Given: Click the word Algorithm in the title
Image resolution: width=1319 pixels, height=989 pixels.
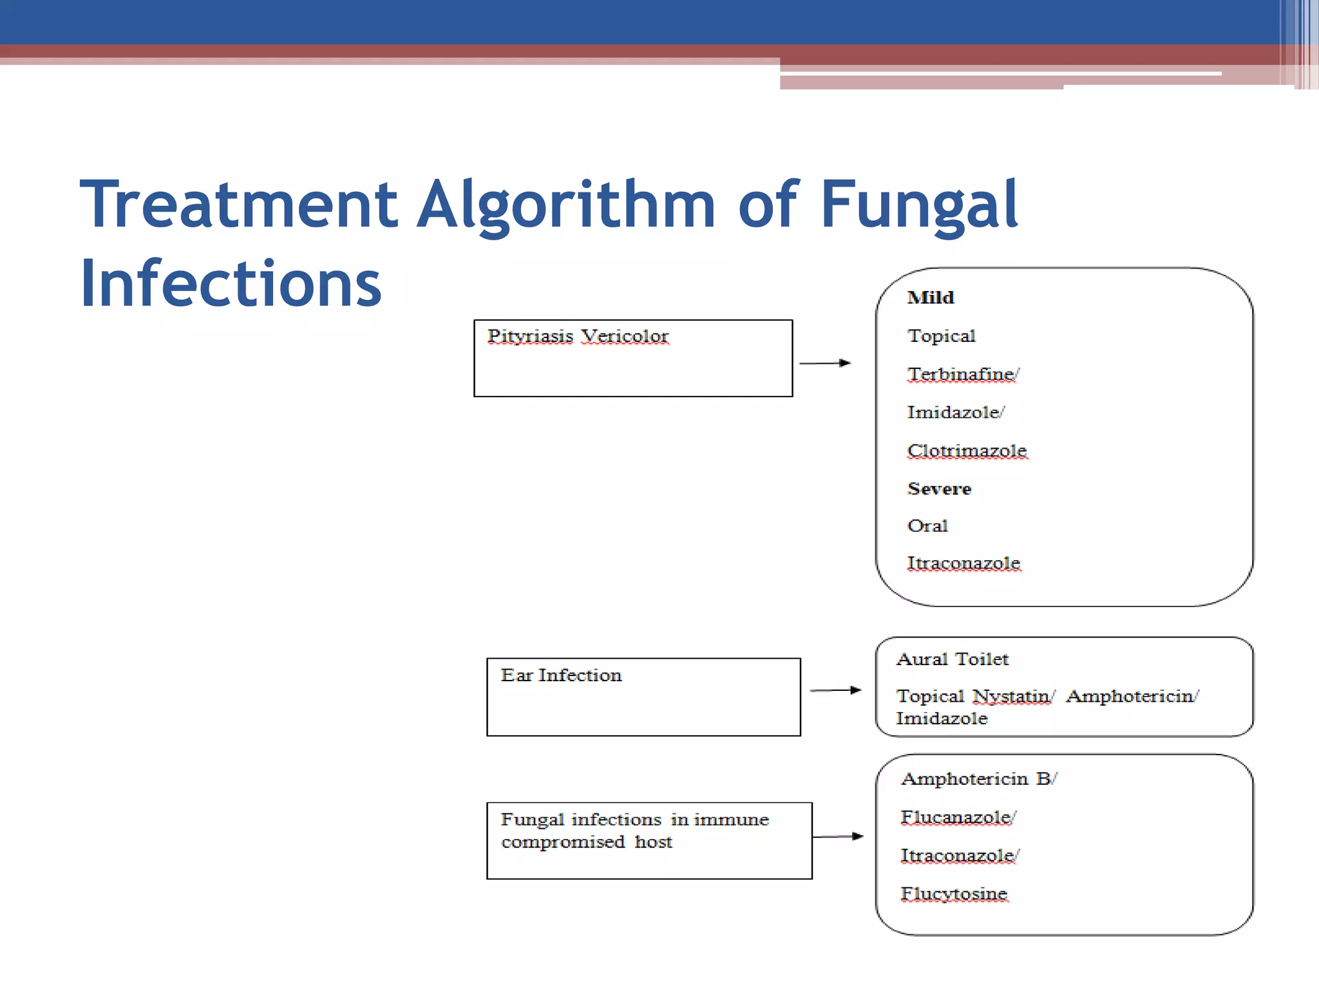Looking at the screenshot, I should click(x=565, y=205).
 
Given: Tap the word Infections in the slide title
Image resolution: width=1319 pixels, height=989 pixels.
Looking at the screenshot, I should click(x=231, y=283).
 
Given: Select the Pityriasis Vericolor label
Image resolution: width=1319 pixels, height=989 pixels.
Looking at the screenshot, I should click(x=578, y=336).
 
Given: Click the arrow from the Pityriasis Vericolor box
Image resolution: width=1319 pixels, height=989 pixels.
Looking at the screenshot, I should click(x=825, y=363).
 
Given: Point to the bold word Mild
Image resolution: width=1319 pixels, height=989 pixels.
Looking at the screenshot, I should click(x=930, y=297).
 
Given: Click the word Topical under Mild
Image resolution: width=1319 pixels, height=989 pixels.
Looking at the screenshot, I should click(x=941, y=336).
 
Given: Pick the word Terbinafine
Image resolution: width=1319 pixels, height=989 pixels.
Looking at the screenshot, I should click(x=961, y=374).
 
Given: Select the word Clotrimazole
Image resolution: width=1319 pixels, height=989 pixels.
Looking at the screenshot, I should click(x=967, y=451).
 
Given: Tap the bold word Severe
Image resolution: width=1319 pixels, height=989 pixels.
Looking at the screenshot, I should click(x=939, y=489).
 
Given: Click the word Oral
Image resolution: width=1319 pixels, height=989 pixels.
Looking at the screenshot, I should click(x=927, y=526).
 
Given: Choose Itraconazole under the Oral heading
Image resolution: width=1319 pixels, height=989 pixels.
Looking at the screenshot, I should click(x=963, y=563).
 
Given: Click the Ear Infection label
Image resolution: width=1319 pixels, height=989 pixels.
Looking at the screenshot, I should click(x=561, y=675).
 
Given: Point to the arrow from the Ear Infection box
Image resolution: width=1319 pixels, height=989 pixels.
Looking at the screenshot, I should click(x=835, y=690).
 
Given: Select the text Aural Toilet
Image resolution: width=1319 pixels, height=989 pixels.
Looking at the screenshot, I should click(x=952, y=659).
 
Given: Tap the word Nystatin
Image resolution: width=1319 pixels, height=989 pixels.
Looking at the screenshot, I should click(x=1011, y=697).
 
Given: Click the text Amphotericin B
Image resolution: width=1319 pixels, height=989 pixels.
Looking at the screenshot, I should click(x=976, y=779).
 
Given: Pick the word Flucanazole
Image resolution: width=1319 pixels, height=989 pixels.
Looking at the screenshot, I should click(x=956, y=817).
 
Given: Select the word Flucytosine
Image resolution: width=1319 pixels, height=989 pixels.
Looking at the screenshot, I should click(x=954, y=894).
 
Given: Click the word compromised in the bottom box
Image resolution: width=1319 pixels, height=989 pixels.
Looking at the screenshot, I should click(x=563, y=842).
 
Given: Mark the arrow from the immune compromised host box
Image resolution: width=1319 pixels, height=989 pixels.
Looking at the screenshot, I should click(x=838, y=836).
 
